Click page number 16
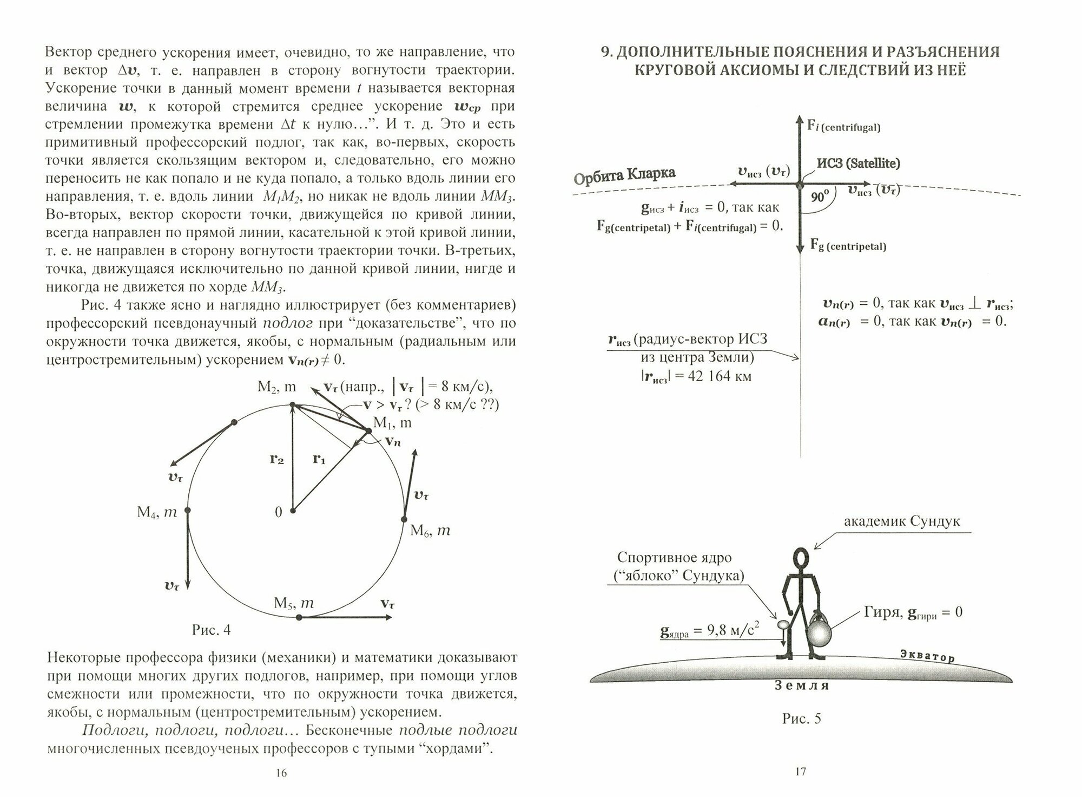tap(281, 773)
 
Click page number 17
tap(801, 772)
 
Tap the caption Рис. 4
tap(211, 630)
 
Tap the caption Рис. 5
tap(801, 718)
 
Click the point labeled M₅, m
tap(299, 617)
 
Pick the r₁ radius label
tap(319, 459)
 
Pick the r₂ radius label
tap(276, 459)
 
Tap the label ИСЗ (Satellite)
tap(859, 163)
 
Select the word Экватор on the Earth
tap(927, 655)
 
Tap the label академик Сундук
tap(902, 521)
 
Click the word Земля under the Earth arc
tap(801, 685)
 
